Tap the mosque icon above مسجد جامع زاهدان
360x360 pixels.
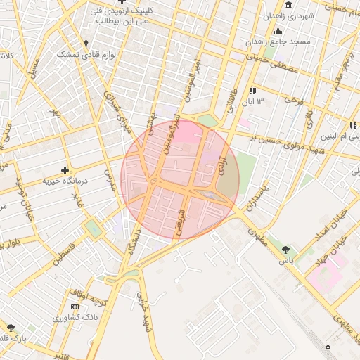pos(278,32)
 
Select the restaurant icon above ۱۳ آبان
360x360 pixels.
pos(251,91)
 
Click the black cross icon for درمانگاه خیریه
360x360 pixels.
pos(65,170)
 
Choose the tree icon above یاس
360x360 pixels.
pos(285,250)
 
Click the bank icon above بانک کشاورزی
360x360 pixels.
pos(75,307)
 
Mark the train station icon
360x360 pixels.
pos(328,344)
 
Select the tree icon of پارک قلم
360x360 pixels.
pos(11,327)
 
